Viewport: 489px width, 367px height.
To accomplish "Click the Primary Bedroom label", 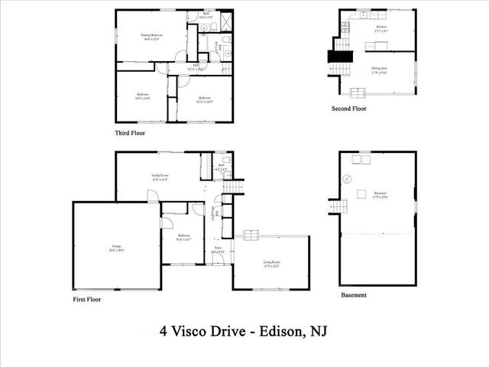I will (151, 38).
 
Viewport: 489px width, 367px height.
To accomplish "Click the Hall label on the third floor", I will (196, 67).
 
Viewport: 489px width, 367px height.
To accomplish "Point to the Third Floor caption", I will (130, 132).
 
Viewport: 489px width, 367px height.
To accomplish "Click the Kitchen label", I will (381, 28).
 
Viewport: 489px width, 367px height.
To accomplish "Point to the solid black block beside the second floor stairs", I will (336, 57).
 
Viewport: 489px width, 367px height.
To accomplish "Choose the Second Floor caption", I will (348, 109).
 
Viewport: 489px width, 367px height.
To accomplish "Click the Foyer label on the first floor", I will (217, 249).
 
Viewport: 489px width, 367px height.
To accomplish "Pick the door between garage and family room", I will (152, 196).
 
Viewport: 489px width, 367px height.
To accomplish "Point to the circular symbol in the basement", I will (348, 180).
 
